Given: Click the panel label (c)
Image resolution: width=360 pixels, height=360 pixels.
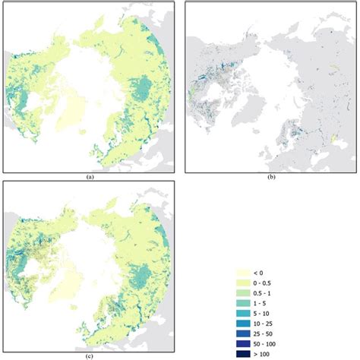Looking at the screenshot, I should click(x=90, y=355).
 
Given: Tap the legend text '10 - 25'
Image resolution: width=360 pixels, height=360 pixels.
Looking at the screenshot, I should click(x=269, y=323).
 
